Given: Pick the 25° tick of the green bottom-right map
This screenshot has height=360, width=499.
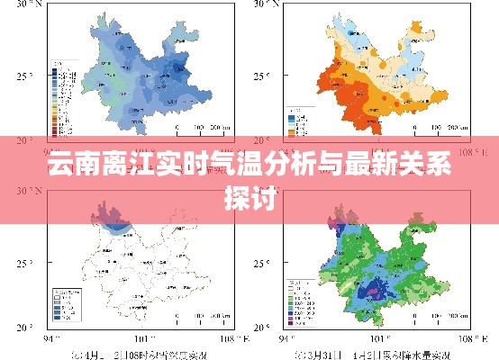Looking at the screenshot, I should coord(261,263).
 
